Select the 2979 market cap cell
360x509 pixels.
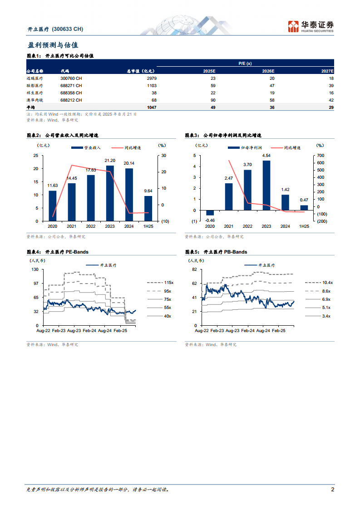[150, 78]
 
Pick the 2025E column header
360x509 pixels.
[209, 71]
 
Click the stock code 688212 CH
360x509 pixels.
[71, 100]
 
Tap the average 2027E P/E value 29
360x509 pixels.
[331, 107]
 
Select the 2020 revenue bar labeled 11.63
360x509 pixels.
[53, 206]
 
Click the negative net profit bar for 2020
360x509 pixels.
[210, 213]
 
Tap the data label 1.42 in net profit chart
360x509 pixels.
[285, 190]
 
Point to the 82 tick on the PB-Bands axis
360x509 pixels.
[194, 269]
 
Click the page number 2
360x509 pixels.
[333, 490]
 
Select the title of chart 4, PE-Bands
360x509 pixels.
[61, 252]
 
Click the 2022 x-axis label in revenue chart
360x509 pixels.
[91, 226]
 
